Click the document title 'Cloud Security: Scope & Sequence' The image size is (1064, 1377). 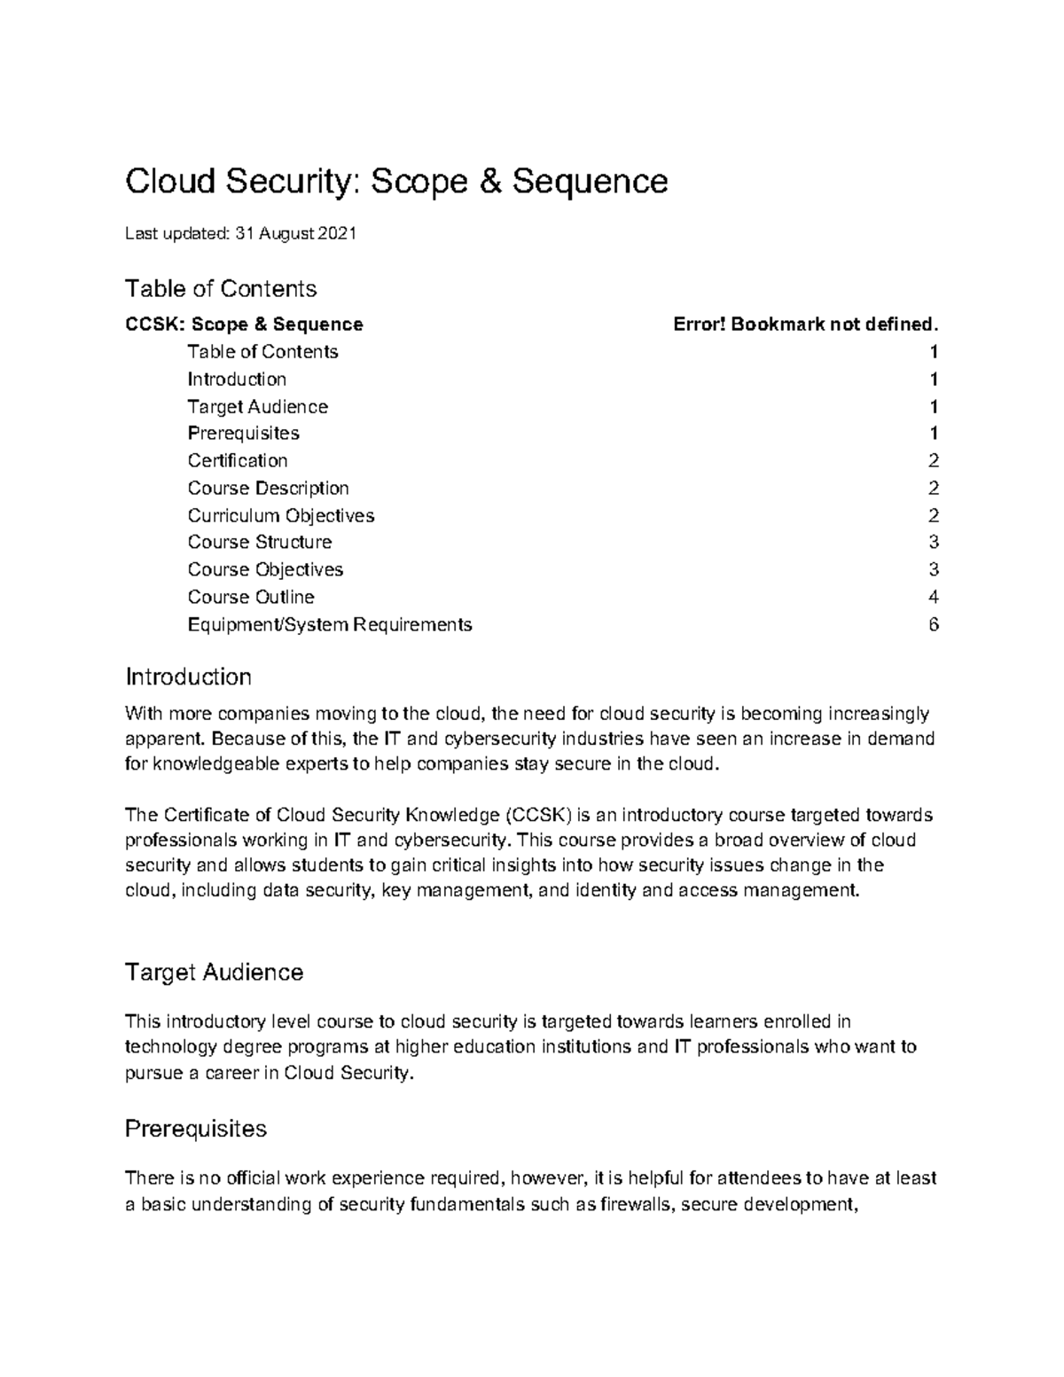[x=395, y=182]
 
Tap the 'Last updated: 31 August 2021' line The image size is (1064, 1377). [x=240, y=234]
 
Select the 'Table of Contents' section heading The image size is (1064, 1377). [x=221, y=289]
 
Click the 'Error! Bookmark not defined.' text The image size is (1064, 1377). [x=804, y=325]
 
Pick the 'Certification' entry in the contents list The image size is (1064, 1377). [x=238, y=461]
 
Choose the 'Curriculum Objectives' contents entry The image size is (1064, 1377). [x=280, y=515]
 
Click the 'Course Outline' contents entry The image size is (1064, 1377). [x=251, y=597]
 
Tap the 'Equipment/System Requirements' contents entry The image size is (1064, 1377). [x=329, y=624]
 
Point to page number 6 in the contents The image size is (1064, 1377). [x=933, y=624]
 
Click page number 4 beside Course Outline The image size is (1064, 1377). [x=933, y=597]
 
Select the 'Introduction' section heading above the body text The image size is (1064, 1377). [x=188, y=677]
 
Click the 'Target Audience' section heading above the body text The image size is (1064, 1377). [x=214, y=973]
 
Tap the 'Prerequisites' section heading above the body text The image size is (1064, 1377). [x=196, y=1129]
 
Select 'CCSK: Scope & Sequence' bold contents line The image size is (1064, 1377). [x=244, y=325]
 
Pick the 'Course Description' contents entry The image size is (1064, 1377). [x=268, y=489]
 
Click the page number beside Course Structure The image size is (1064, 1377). [x=933, y=543]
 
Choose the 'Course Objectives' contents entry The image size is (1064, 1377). [x=265, y=569]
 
